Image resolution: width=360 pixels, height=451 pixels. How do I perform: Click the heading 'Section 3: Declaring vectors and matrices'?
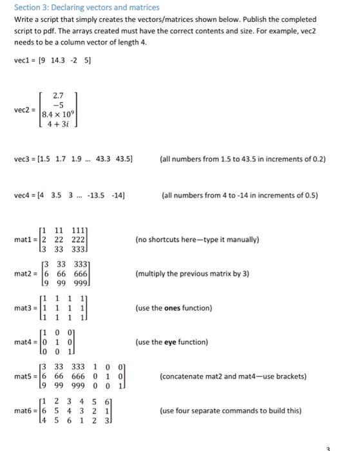click(x=87, y=8)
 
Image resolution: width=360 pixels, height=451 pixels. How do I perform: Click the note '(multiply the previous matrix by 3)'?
click(x=192, y=274)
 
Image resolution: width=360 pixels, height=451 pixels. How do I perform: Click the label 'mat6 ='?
click(x=26, y=410)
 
